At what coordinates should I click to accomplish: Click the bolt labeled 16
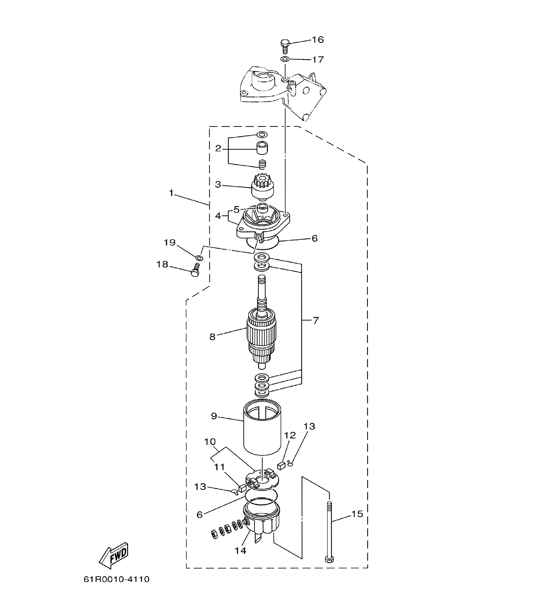click(285, 46)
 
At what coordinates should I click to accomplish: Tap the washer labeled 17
click(285, 59)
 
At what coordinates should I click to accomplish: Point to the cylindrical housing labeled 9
click(262, 428)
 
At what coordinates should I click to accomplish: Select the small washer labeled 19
click(200, 258)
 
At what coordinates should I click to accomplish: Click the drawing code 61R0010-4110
click(117, 579)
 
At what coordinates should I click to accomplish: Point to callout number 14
click(240, 551)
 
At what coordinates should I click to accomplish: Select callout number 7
click(315, 321)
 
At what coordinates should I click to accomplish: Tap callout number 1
click(171, 193)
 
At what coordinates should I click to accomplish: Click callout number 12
click(290, 435)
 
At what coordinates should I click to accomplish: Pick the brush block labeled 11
click(242, 488)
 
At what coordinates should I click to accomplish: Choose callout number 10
click(210, 442)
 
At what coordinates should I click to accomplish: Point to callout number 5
click(237, 209)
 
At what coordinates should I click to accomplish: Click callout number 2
click(218, 148)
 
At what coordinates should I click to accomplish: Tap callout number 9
click(214, 416)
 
